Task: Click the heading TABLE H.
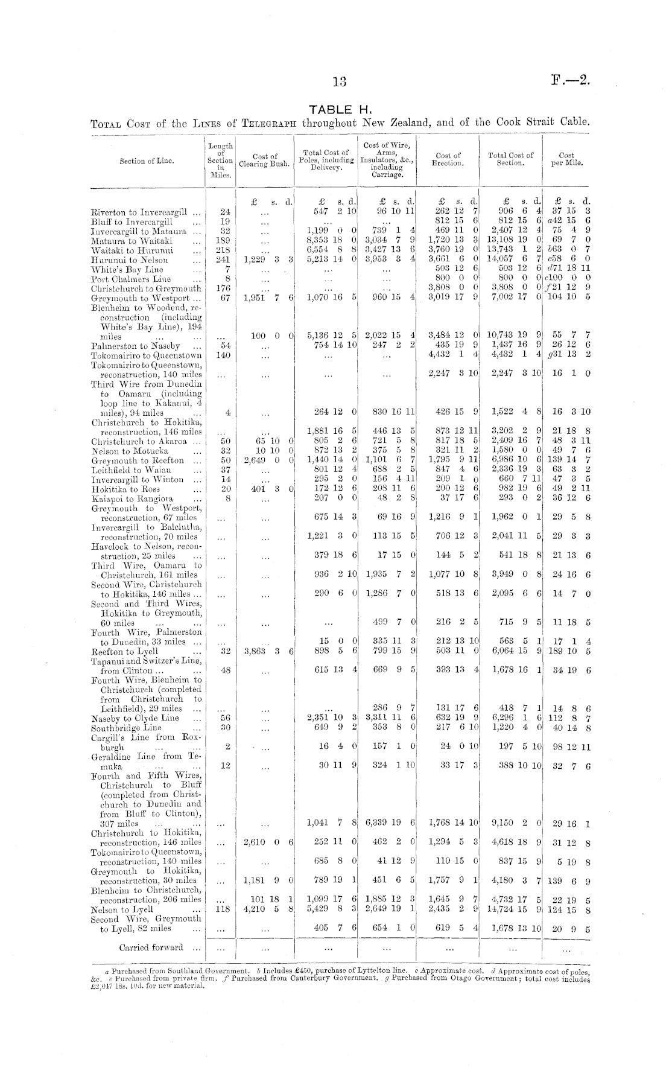(336, 109)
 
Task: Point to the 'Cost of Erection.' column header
(448, 159)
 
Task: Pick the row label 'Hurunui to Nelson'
(129, 260)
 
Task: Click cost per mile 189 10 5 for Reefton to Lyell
(567, 652)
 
